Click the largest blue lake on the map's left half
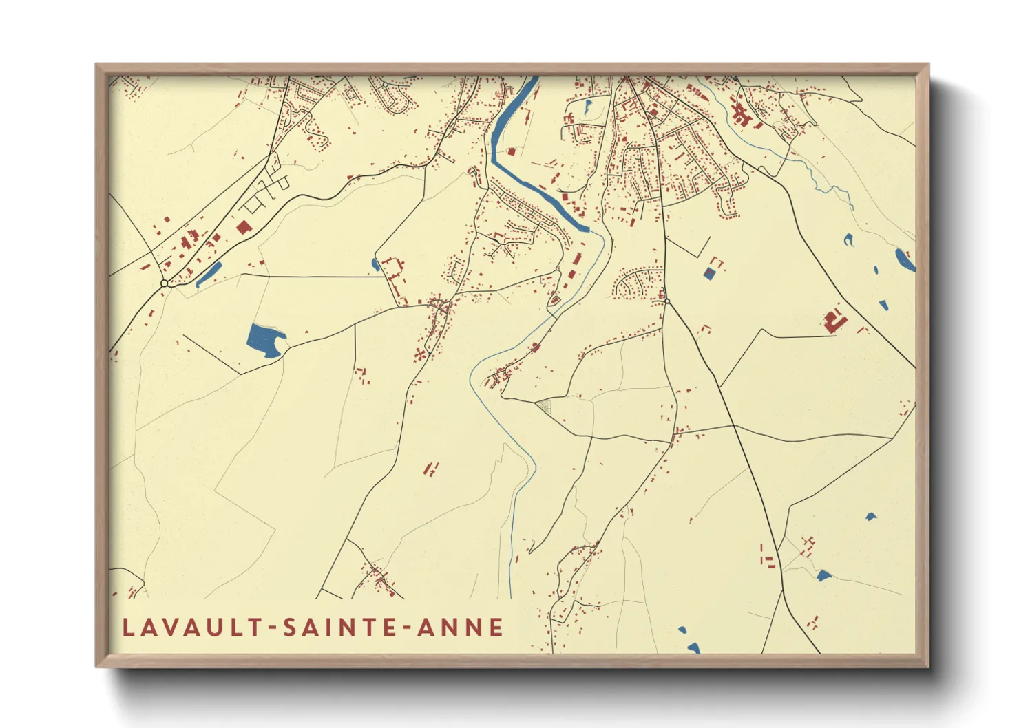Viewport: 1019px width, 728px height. pyautogui.click(x=264, y=339)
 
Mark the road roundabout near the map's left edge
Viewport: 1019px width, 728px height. pyautogui.click(x=164, y=283)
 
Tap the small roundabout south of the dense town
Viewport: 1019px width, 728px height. pyautogui.click(x=666, y=301)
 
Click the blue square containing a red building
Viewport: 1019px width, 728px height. pyautogui.click(x=709, y=273)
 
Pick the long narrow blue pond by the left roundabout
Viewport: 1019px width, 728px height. pyautogui.click(x=209, y=274)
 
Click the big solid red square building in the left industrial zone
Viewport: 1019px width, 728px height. pyautogui.click(x=242, y=227)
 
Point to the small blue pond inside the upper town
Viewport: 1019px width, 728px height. pyautogui.click(x=587, y=107)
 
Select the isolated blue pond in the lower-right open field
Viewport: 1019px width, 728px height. pyautogui.click(x=871, y=515)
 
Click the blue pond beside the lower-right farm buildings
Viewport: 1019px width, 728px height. pyautogui.click(x=823, y=575)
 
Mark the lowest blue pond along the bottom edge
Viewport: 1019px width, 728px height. pyautogui.click(x=693, y=647)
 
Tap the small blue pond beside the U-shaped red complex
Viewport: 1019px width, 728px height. pyautogui.click(x=375, y=264)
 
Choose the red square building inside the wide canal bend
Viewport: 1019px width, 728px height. pyautogui.click(x=511, y=151)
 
